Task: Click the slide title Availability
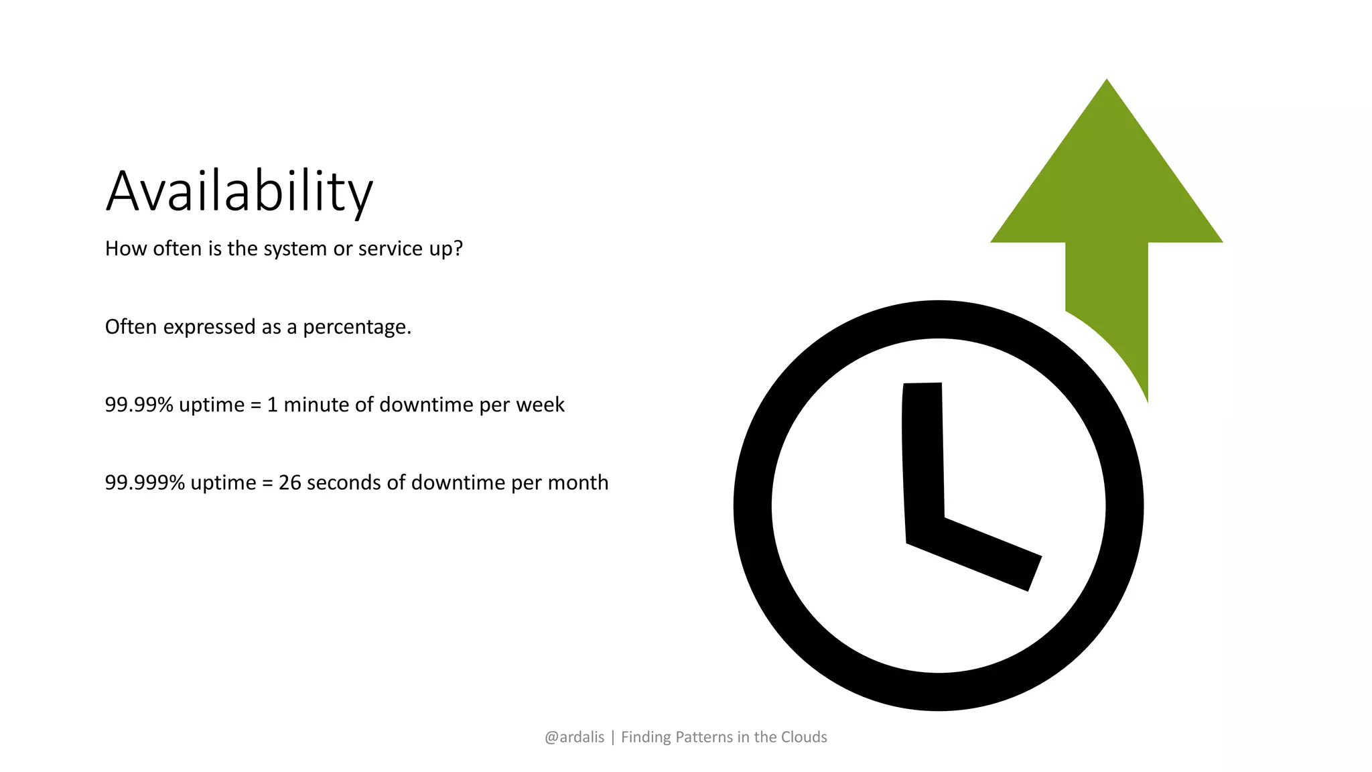coord(239,192)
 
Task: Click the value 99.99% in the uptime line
coord(139,405)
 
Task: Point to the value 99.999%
coord(145,482)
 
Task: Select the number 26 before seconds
coord(289,482)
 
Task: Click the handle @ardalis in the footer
coord(574,737)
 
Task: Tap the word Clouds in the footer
coord(804,737)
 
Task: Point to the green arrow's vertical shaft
coord(1107,288)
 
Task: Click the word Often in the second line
coord(131,327)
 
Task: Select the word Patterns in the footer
coord(703,737)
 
